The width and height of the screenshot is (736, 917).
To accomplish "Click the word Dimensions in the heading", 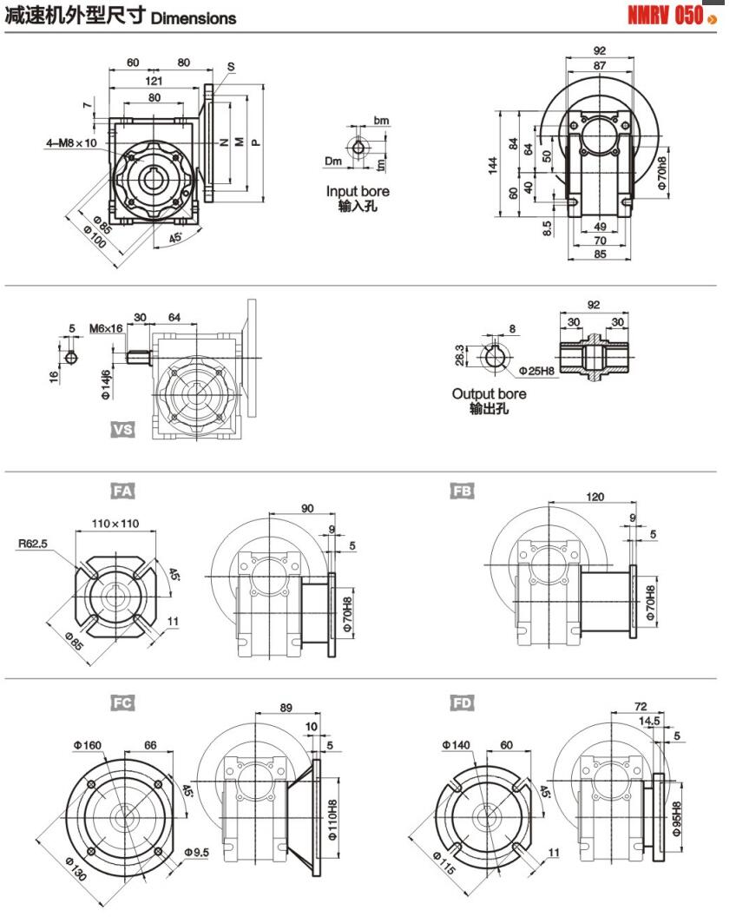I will pos(193,18).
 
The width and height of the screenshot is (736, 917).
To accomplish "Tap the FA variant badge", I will pos(122,491).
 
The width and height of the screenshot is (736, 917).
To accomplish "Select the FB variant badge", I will pos(463,491).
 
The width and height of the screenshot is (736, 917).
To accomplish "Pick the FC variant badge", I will pos(122,703).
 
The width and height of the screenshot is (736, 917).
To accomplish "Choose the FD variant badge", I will pos(463,703).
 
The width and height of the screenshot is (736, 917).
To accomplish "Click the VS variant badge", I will pos(122,429).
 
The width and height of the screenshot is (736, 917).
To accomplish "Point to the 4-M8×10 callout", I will pos(72,142).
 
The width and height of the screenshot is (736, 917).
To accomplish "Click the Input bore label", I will pos(358,191).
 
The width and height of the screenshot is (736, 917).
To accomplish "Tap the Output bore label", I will pos(489,394).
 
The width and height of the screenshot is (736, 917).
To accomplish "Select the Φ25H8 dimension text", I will pos(538,371).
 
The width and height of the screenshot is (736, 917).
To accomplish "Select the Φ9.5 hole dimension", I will pos(197,854).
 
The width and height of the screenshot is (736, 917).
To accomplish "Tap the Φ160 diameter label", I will pos(89,744).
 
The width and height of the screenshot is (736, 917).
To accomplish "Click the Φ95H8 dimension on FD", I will pos(675,813).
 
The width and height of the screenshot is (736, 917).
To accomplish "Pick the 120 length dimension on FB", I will pos(595,498).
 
